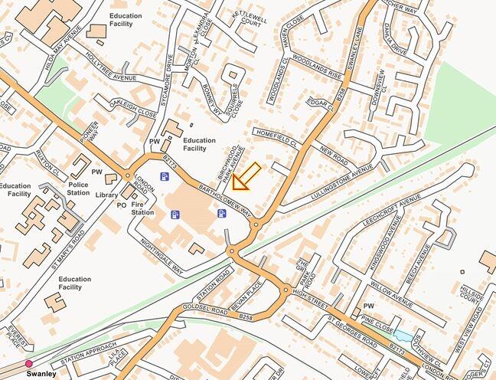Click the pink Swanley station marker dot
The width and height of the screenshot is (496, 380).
click(x=29, y=363)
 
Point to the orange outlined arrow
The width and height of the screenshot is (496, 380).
click(x=246, y=177)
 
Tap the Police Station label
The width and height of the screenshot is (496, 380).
click(x=79, y=188)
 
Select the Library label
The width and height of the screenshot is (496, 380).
click(x=107, y=195)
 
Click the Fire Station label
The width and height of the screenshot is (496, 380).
click(x=143, y=208)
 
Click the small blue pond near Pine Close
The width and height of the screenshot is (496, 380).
click(x=402, y=336)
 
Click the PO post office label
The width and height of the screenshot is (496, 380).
click(x=121, y=205)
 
